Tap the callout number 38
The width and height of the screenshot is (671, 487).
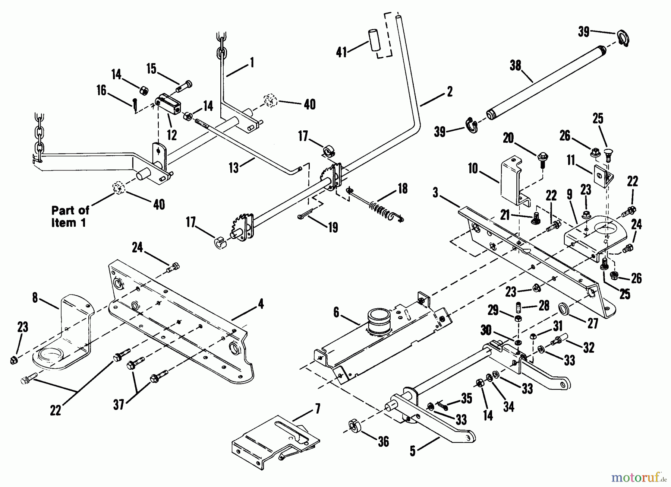click(x=515, y=66)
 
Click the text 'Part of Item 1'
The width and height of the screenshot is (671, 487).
click(x=70, y=216)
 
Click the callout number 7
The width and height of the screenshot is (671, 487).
click(x=318, y=409)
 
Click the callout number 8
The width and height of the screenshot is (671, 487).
click(x=35, y=298)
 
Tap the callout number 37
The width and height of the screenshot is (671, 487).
click(x=119, y=404)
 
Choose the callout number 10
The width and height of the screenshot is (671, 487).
click(x=473, y=169)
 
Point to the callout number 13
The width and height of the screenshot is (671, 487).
click(x=234, y=168)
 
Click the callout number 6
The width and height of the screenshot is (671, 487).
click(x=336, y=313)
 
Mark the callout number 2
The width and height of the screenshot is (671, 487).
click(x=450, y=91)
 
